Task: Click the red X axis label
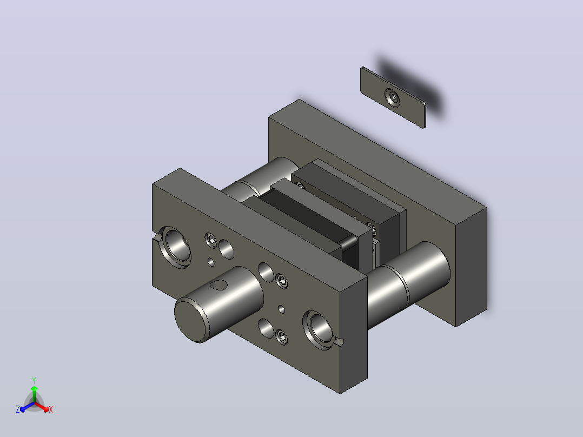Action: coord(51,409)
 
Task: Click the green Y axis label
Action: coord(34,380)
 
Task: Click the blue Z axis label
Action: coord(18,409)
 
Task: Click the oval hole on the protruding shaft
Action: coord(218,285)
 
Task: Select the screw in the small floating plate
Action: coord(392,98)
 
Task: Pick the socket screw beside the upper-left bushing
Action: coord(211,240)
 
